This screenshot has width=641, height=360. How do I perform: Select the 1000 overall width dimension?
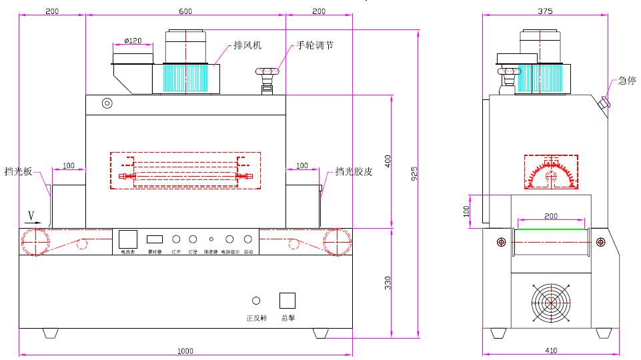point(185,351)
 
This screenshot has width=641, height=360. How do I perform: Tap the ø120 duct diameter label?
point(133,41)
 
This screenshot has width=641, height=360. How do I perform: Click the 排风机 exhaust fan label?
point(248,46)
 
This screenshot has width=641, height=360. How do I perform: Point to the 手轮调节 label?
point(315,46)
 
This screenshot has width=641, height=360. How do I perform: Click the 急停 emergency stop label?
point(626,81)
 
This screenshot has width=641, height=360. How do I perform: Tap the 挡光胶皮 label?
point(354,171)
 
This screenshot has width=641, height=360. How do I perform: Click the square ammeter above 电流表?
point(127,239)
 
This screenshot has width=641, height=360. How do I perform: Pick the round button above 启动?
point(248,239)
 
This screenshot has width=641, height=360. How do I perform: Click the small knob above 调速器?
point(211,239)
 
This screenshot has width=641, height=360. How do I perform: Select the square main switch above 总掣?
point(287,301)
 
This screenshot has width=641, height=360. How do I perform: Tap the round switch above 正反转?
point(256,301)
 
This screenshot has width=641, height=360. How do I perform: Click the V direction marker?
point(31,215)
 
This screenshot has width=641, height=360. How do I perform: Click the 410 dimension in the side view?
point(552,351)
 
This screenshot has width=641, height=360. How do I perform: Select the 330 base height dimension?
point(388,283)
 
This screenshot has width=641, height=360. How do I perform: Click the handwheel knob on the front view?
point(269,72)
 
